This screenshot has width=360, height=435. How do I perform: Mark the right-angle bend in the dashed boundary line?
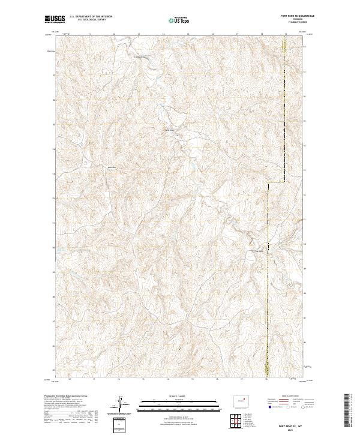[x=268, y=182]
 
